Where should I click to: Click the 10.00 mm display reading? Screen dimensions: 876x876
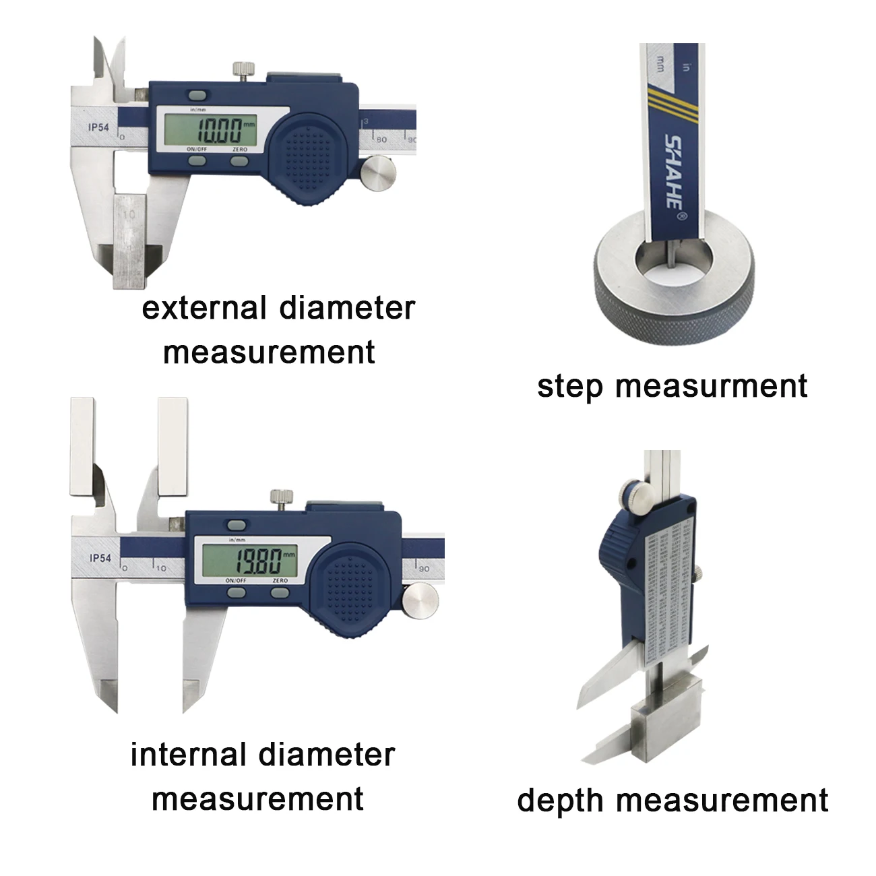(215, 129)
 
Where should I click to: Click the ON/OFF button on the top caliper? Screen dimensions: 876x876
(197, 160)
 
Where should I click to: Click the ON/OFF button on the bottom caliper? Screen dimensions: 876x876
(237, 592)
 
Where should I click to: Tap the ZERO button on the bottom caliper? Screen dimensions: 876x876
(280, 592)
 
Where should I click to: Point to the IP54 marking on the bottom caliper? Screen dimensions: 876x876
(100, 557)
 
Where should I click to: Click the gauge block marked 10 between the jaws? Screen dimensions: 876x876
(131, 239)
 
